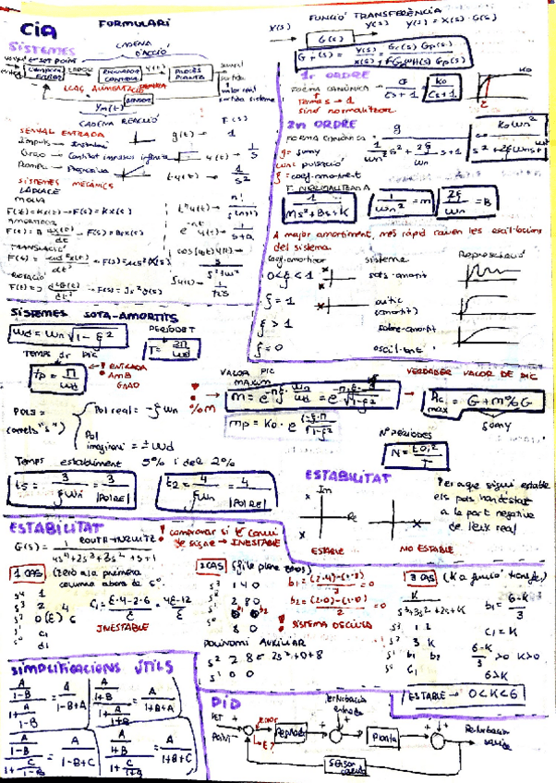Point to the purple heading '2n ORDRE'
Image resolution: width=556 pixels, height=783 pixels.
click(308, 125)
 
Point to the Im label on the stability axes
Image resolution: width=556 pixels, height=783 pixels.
click(323, 492)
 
